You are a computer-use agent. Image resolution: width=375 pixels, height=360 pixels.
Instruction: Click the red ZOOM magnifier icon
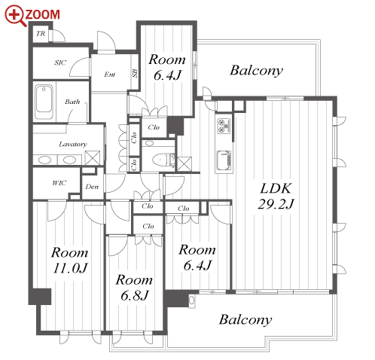pyautogui.click(x=15, y=15)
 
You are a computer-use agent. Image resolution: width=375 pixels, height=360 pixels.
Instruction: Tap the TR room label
pyautogui.click(x=41, y=33)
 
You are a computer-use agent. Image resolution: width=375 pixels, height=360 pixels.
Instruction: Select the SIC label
pyautogui.click(x=60, y=63)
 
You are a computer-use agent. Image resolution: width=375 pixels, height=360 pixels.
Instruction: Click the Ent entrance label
pyautogui.click(x=110, y=75)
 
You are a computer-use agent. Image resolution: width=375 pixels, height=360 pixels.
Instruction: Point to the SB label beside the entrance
pyautogui.click(x=134, y=73)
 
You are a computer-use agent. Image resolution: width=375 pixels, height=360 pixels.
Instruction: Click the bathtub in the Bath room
pyautogui.click(x=44, y=102)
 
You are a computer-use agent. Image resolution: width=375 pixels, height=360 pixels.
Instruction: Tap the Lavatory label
pyautogui.click(x=73, y=144)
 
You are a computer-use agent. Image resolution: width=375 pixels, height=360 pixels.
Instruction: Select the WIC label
pyautogui.click(x=59, y=183)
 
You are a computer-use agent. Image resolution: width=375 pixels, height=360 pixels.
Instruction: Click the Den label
pyautogui.click(x=92, y=187)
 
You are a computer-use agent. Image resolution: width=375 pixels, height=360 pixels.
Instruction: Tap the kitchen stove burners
pyautogui.click(x=224, y=126)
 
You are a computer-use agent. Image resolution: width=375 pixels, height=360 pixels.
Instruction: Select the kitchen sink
pyautogui.click(x=224, y=160)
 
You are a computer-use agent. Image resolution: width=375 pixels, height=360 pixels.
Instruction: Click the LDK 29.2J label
pyautogui.click(x=276, y=196)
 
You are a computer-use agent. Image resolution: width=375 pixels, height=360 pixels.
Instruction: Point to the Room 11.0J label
pyautogui.click(x=70, y=260)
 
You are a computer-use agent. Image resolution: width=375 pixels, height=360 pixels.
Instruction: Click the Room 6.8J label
pyautogui.click(x=134, y=287)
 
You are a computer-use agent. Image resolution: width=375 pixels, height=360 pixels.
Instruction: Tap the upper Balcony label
pyautogui.click(x=256, y=70)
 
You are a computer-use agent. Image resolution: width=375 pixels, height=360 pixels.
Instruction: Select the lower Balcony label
pyautogui.click(x=245, y=319)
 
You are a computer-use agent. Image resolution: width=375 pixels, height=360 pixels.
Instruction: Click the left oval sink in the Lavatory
pyautogui.click(x=45, y=160)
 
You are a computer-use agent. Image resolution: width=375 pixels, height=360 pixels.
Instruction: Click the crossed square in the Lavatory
pyautogui.click(x=93, y=157)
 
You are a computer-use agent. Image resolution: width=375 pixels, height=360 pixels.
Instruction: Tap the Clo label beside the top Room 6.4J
pyautogui.click(x=154, y=127)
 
